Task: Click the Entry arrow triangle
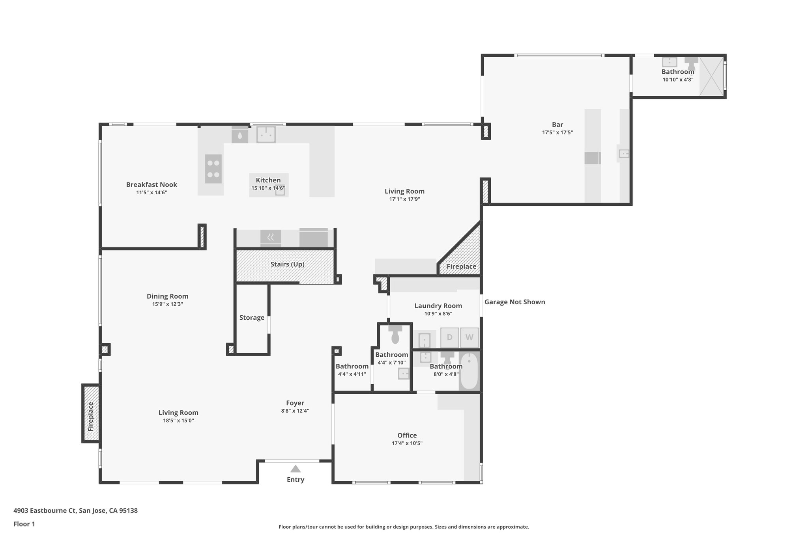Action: point(296,469)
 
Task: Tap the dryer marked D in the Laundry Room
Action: point(449,337)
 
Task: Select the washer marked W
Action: point(469,337)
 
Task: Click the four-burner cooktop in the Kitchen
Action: point(213,169)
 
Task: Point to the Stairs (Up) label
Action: point(287,264)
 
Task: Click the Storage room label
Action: point(252,317)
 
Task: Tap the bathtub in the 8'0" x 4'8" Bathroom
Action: point(469,371)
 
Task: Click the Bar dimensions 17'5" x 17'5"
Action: point(557,133)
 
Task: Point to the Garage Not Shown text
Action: point(514,302)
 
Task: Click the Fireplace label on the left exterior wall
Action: point(91,416)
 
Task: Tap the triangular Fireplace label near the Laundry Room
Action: point(461,266)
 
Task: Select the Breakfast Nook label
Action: point(151,184)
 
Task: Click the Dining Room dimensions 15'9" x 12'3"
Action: point(167,304)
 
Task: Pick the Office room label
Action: point(407,435)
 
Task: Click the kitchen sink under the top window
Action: point(266,134)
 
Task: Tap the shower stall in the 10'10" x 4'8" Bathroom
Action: point(712,76)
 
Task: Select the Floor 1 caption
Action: point(24,524)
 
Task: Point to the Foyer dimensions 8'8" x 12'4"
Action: point(295,411)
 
